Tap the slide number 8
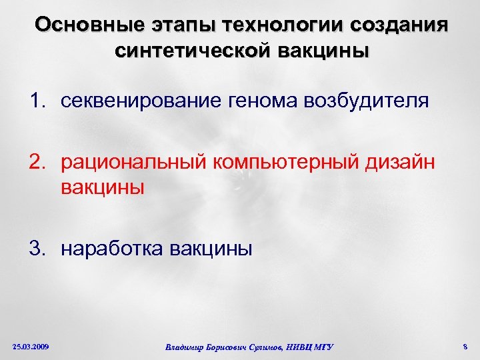pos(464,346)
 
